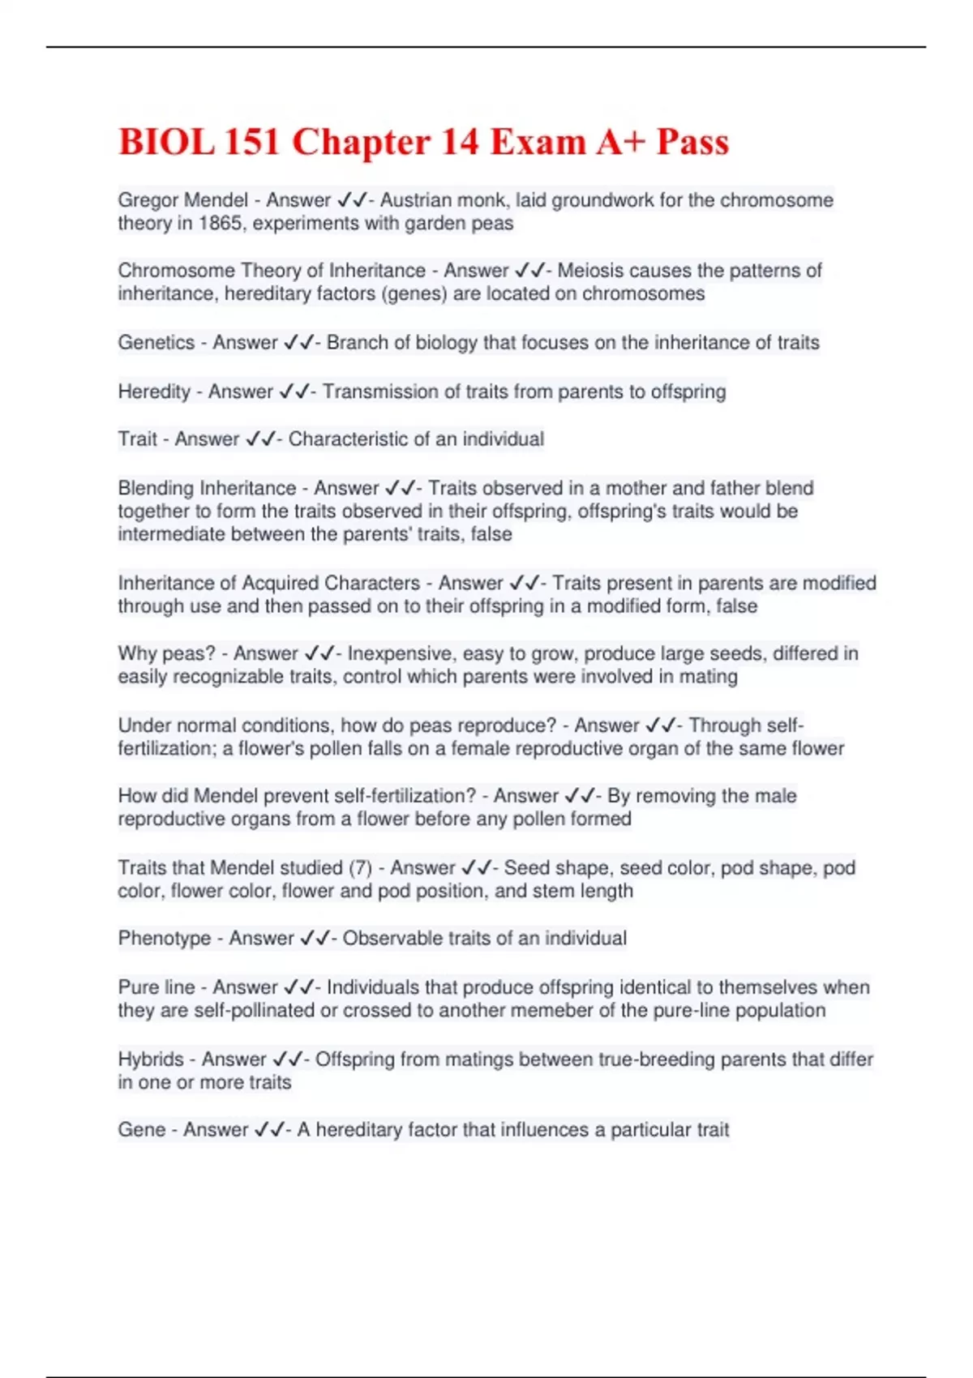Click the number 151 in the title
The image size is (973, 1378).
(252, 142)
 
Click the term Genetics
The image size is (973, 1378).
(156, 342)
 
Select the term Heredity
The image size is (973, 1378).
(154, 391)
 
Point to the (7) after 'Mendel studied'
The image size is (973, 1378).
(360, 867)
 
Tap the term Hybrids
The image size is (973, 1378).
(151, 1059)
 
